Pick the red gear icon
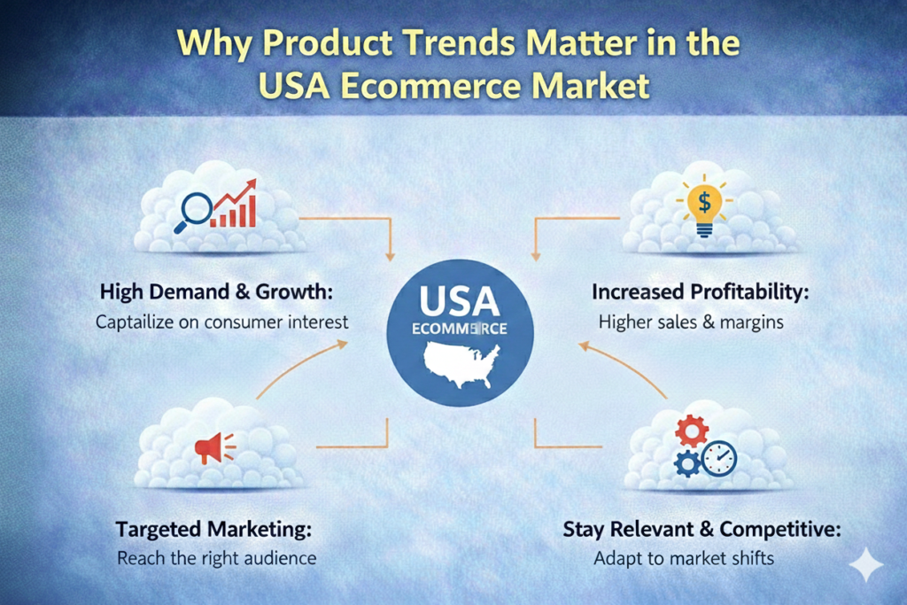tap(692, 431)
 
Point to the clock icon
tap(719, 459)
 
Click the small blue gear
tap(687, 464)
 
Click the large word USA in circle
tap(460, 301)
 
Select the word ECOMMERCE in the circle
tap(460, 330)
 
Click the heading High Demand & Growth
tap(216, 291)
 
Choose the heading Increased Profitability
tap(700, 291)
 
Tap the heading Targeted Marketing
tap(213, 529)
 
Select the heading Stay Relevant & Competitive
tap(702, 529)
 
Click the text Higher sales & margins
tap(691, 322)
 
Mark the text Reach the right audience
tap(216, 558)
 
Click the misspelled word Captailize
tap(135, 322)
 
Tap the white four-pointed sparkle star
tap(866, 563)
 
